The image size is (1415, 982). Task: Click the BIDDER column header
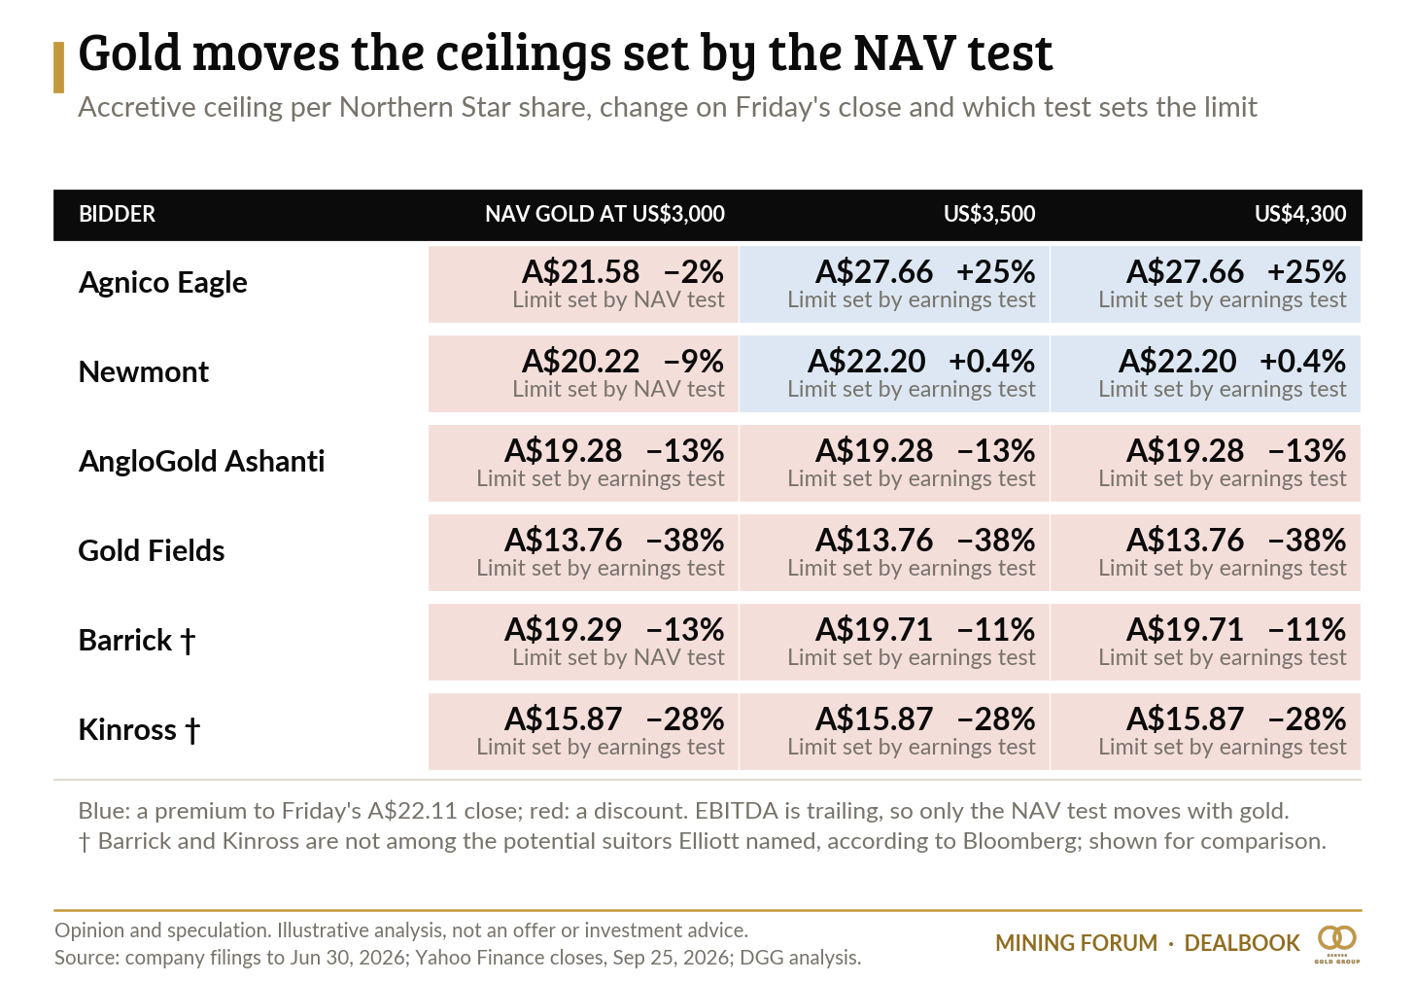coord(117,214)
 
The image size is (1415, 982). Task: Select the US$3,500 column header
coord(989,214)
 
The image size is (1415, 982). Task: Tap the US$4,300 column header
coord(1300,214)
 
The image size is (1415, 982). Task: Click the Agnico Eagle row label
coord(162,283)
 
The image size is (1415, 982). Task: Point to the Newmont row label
coord(144,371)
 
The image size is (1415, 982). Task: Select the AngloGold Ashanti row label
coord(201,461)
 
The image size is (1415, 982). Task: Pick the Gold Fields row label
coord(151,550)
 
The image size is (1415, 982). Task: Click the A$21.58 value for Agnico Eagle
coord(580,272)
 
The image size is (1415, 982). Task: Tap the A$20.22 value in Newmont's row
coord(580,362)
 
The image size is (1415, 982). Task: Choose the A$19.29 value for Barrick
coord(563,630)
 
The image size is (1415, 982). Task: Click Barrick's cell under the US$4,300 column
coord(1205,642)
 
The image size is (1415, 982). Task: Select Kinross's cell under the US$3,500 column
coord(894,732)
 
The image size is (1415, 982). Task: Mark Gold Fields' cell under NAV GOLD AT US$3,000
coord(583,553)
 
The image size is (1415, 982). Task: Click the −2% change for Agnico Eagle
coord(693,272)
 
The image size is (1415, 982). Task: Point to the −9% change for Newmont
coord(693,362)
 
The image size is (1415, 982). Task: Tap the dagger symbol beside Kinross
coord(192,730)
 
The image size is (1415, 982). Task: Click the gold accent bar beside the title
coord(58,68)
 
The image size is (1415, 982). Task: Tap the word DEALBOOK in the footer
coord(1242,943)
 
